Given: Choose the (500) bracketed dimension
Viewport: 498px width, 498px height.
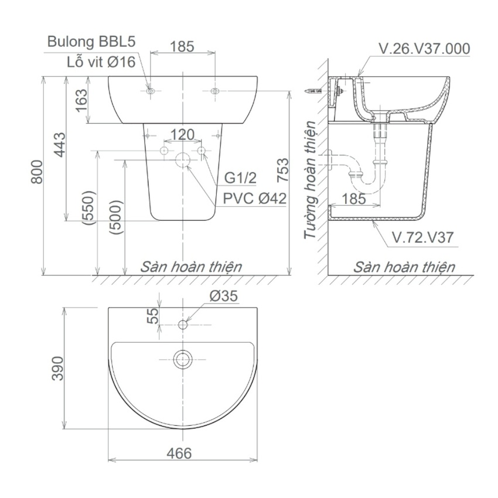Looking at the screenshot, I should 116,217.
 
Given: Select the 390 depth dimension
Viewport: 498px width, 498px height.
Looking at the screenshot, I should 57,367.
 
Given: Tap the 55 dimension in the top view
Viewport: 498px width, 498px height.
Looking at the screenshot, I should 152,316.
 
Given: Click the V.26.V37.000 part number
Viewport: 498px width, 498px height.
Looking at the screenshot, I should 424,49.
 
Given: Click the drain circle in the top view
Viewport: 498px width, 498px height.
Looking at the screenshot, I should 183,359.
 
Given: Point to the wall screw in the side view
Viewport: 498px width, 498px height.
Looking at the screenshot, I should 313,91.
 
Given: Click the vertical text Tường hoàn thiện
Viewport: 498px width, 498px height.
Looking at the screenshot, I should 310,180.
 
